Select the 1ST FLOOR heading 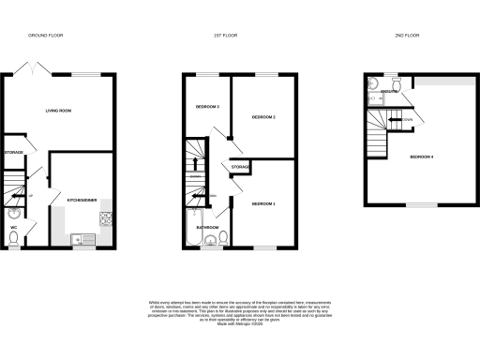coord(224,36)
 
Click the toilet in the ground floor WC coord(14,239)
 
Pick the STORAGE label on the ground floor coord(13,152)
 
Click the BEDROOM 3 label coord(207,107)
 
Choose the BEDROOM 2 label coord(262,117)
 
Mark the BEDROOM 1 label coord(263,203)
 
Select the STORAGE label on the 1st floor coord(240,167)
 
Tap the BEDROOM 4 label coord(421,157)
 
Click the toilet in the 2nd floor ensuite coord(398,84)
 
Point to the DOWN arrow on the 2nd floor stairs coord(407,120)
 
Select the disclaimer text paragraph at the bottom coord(239,312)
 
